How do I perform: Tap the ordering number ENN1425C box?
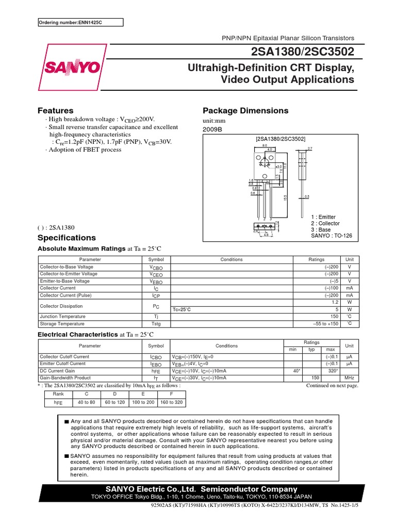[81, 22]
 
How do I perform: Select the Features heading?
[56, 110]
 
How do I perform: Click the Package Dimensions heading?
[245, 110]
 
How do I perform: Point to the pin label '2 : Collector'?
[325, 223]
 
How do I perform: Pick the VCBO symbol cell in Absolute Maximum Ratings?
[156, 267]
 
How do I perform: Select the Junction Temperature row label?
[63, 316]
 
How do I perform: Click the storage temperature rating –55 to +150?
[325, 324]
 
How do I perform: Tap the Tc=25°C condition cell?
[182, 309]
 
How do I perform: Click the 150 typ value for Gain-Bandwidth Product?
[311, 377]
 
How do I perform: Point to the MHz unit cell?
[349, 377]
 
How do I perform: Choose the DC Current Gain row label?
[57, 370]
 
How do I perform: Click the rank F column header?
[171, 394]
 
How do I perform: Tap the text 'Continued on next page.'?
[332, 385]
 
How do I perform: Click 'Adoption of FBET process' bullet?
[85, 150]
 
